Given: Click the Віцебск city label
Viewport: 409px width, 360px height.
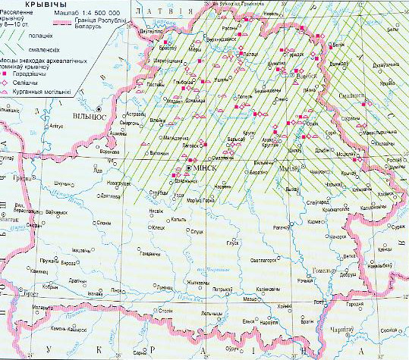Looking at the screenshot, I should (x=307, y=76).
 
